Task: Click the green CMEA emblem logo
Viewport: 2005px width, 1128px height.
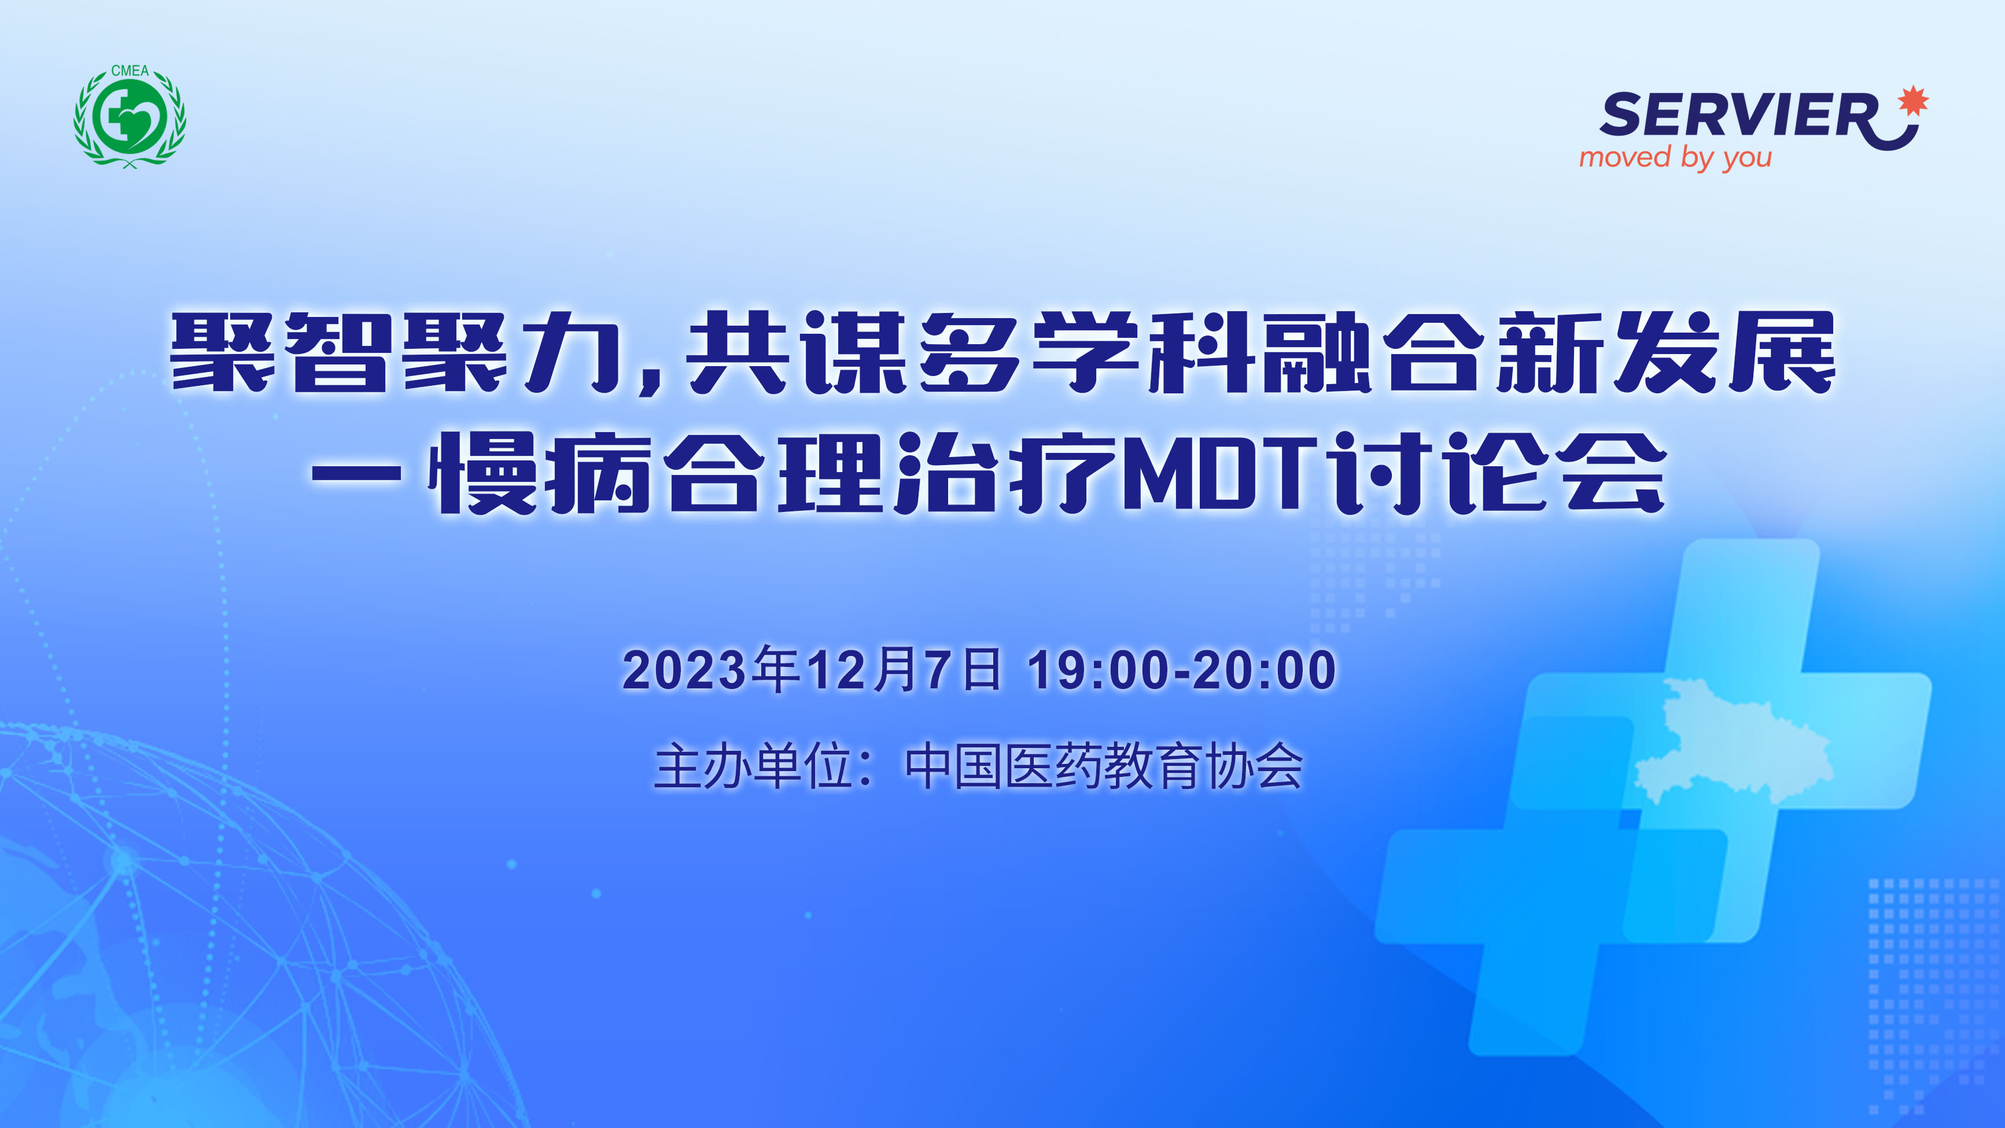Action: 130,117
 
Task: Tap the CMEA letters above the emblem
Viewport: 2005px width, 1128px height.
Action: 130,71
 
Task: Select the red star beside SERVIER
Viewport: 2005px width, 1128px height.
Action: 1913,101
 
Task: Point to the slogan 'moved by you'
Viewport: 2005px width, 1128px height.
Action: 1675,158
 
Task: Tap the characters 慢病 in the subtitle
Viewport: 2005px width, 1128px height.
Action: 539,473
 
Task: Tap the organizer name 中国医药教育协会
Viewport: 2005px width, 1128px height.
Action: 1104,767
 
